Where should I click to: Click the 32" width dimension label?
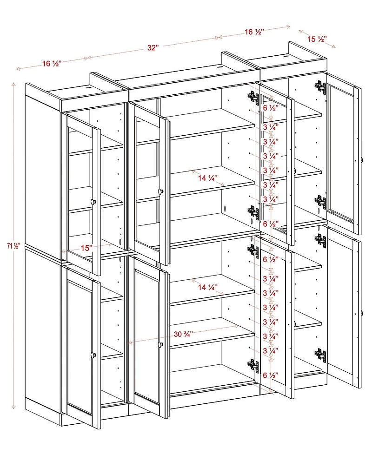[x=153, y=48]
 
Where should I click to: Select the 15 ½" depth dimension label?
[x=317, y=39]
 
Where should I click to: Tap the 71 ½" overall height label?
[x=6, y=245]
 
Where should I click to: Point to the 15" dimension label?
[x=85, y=248]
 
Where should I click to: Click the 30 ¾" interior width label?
[x=184, y=334]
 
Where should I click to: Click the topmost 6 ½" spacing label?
[x=271, y=108]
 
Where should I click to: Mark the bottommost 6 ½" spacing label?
[x=271, y=375]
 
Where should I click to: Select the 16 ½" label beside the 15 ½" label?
[x=254, y=32]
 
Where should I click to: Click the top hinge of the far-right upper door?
[x=319, y=86]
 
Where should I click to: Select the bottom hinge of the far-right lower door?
[x=320, y=355]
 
